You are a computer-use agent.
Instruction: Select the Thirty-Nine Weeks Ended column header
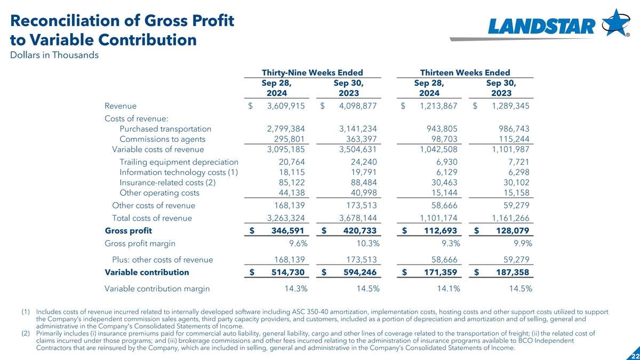click(x=312, y=73)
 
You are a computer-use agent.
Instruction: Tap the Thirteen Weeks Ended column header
click(x=465, y=73)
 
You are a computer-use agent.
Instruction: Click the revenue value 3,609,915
click(x=285, y=106)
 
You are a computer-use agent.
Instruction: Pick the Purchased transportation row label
click(x=165, y=129)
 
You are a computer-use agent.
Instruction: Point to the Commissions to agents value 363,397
click(x=357, y=139)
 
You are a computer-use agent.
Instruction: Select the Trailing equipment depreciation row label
click(x=179, y=162)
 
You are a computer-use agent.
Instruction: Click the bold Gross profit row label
click(x=129, y=231)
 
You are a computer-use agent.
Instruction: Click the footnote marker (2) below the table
click(x=26, y=333)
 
